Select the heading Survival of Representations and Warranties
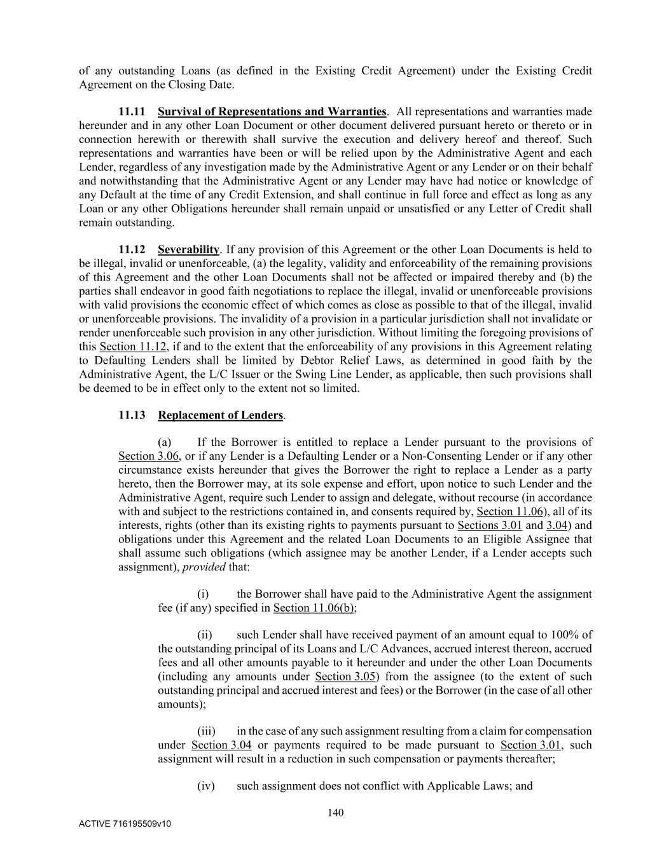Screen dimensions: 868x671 click(272, 112)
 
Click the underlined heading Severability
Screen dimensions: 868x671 click(188, 249)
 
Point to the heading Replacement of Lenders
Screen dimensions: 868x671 click(220, 415)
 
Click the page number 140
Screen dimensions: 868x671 click(335, 812)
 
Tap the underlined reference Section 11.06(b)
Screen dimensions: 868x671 click(314, 608)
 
